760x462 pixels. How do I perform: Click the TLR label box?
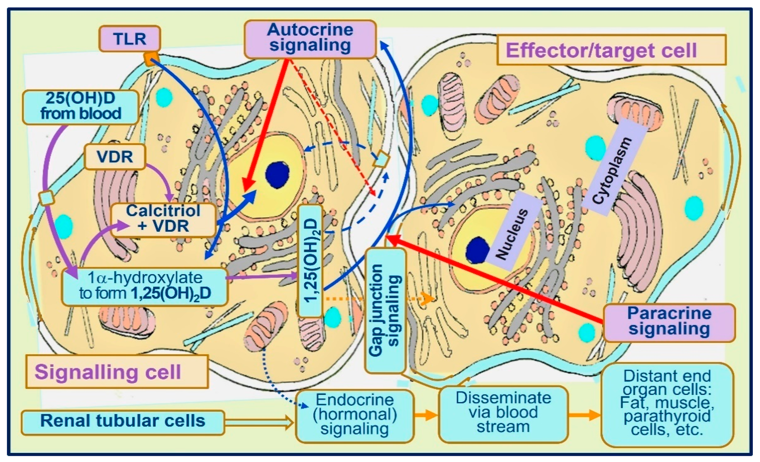click(x=129, y=39)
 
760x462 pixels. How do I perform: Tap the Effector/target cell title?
click(x=611, y=50)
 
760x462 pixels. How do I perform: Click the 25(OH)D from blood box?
click(x=80, y=107)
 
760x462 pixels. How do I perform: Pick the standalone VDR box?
click(x=115, y=157)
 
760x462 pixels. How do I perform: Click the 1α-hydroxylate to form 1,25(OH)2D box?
click(x=145, y=286)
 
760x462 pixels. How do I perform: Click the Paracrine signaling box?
click(x=669, y=322)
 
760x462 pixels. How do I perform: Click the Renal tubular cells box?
click(x=122, y=422)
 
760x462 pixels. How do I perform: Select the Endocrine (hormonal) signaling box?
click(x=354, y=415)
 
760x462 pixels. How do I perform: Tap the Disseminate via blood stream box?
click(x=503, y=413)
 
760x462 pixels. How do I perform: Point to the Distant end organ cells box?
click(x=667, y=404)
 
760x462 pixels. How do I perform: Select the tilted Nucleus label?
click(x=512, y=233)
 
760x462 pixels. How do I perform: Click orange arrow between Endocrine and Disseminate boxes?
click(x=426, y=415)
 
